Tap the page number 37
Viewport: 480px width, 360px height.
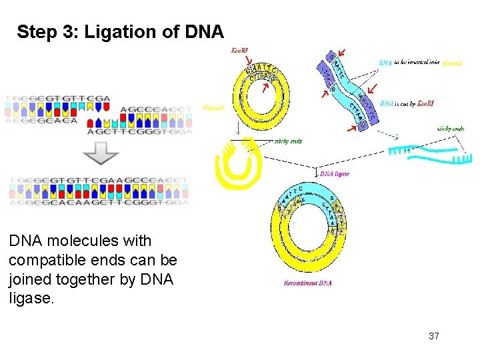pyautogui.click(x=433, y=336)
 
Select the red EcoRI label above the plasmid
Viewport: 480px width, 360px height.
pyautogui.click(x=241, y=51)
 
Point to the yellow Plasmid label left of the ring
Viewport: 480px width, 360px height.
pyautogui.click(x=213, y=107)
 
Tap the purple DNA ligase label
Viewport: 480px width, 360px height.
pyautogui.click(x=335, y=173)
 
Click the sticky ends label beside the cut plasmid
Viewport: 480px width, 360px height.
pyautogui.click(x=288, y=141)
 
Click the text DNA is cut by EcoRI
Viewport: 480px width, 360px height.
pyautogui.click(x=407, y=103)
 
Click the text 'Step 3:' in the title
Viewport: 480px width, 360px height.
pyautogui.click(x=41, y=31)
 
